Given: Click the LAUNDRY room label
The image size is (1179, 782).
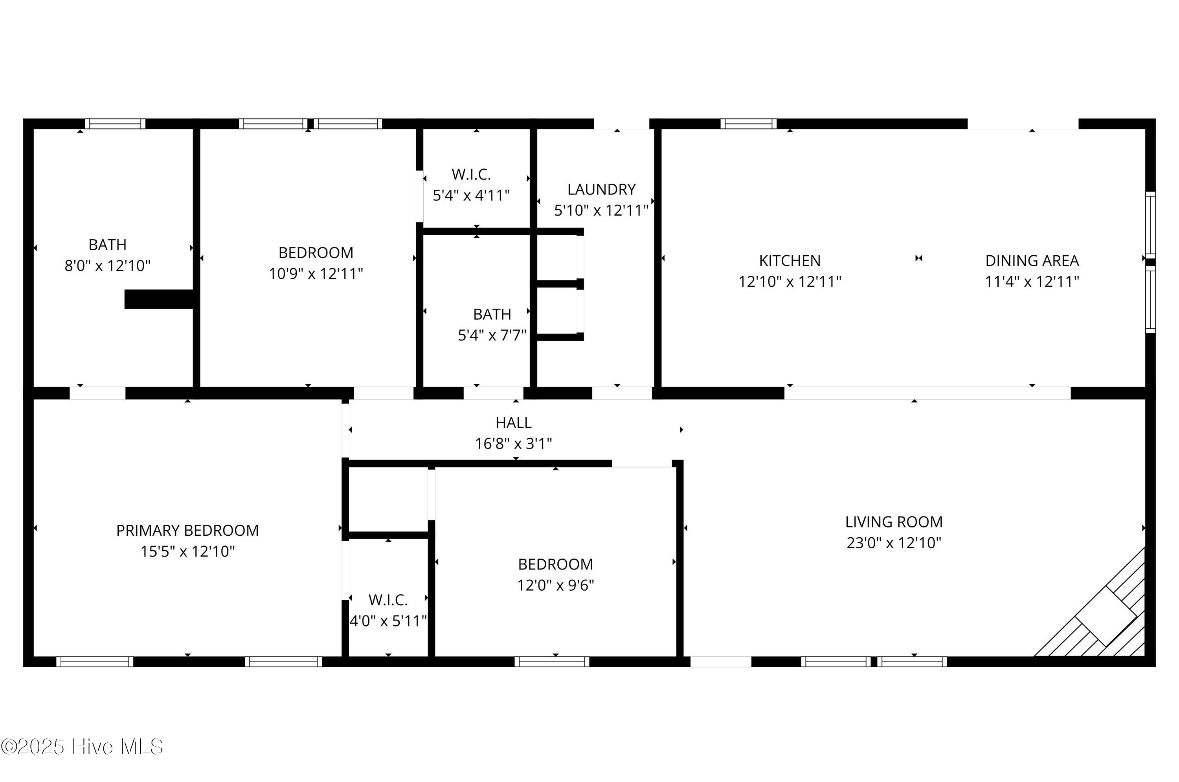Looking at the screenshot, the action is pos(601,190).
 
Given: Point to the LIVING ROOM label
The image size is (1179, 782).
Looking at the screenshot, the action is pos(894,522).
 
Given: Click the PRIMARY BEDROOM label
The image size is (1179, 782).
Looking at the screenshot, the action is pos(187,531).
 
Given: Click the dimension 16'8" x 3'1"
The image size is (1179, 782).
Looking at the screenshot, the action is pos(513,443).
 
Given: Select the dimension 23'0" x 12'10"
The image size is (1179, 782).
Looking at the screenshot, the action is pos(894,543).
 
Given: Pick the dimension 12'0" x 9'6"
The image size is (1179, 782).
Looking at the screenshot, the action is pos(555,585).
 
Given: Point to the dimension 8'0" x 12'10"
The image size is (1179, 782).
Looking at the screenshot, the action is pos(107,266).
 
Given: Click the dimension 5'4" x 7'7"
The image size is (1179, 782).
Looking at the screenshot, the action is pos(492,335).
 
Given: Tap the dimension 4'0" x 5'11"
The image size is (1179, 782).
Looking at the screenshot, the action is pos(388,621).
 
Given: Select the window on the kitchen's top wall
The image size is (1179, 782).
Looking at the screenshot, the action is pos(748,124).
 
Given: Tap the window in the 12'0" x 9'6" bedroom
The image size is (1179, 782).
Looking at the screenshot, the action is pos(552,662).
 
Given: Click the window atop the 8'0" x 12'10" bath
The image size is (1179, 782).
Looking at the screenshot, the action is pos(115,124).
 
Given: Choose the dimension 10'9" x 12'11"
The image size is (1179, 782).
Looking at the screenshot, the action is pos(316,274).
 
